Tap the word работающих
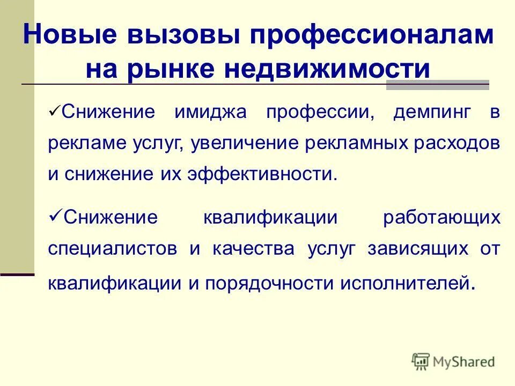click(x=442, y=218)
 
